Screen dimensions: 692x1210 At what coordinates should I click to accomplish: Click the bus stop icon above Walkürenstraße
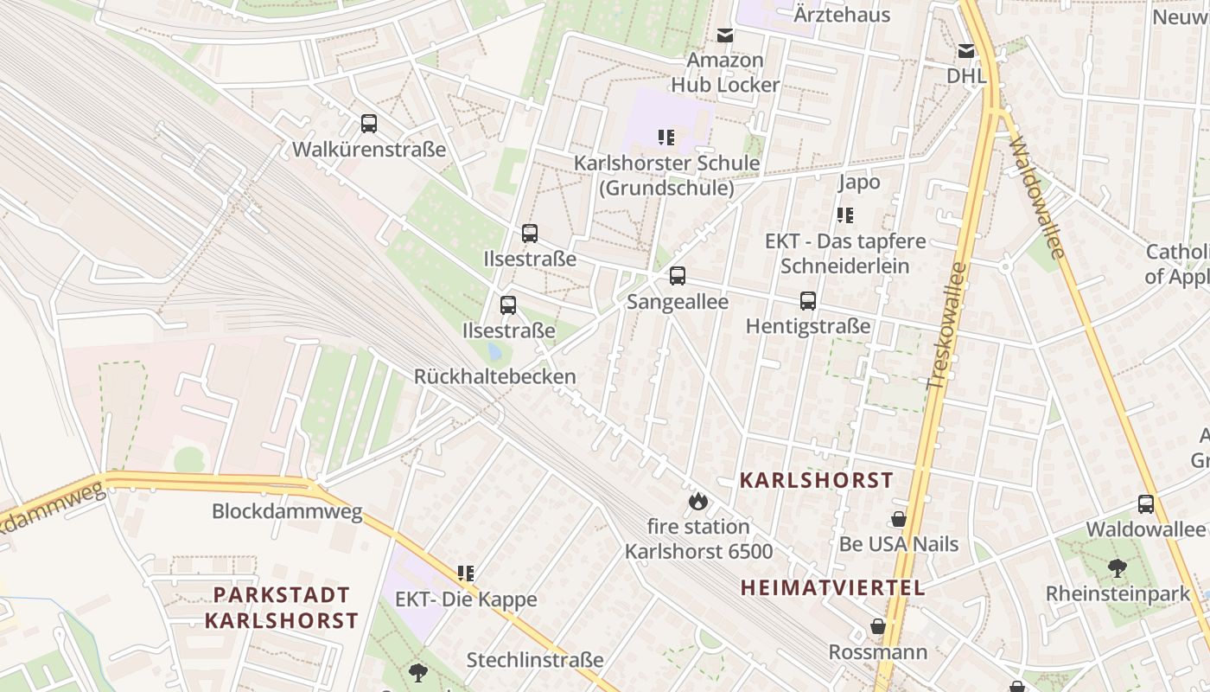tap(369, 124)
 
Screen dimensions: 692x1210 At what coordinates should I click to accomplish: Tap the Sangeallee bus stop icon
tap(678, 276)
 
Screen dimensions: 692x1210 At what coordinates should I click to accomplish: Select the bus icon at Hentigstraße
tap(808, 301)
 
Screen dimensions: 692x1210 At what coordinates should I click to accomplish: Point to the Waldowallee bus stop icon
tap(1146, 503)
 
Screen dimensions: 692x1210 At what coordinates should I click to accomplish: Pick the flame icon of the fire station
tap(697, 501)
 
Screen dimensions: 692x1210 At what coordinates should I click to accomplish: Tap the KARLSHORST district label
tap(816, 480)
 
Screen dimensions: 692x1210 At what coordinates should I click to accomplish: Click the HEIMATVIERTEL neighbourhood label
tap(832, 588)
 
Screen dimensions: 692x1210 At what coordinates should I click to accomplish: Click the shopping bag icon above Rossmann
tap(878, 626)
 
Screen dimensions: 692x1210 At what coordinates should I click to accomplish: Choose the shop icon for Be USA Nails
tap(899, 519)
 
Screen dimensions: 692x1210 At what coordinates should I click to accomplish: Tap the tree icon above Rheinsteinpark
tap(1118, 568)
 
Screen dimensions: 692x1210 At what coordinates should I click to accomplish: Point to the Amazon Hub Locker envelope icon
tap(724, 35)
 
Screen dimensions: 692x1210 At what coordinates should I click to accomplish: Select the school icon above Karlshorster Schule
tap(665, 137)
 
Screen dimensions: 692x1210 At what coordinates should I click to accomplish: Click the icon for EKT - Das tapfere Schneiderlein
tap(844, 215)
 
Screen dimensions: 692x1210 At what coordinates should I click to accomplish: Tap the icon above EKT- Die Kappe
tap(466, 573)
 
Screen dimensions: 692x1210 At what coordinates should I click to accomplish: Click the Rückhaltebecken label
tap(494, 377)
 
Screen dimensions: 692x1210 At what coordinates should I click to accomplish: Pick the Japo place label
tap(859, 182)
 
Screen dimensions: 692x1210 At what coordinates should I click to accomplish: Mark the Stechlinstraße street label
tap(535, 661)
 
